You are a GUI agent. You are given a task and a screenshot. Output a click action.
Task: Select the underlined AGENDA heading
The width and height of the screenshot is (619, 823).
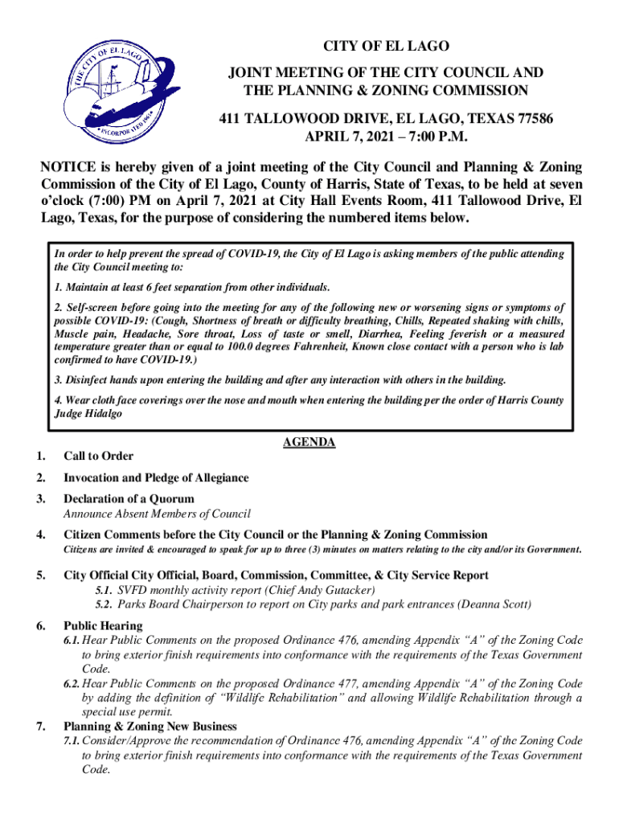point(309,443)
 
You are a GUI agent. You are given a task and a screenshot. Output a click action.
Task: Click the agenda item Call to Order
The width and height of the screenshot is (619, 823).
point(98,457)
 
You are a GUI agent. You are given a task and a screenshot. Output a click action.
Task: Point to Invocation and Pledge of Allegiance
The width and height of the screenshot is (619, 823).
point(156,478)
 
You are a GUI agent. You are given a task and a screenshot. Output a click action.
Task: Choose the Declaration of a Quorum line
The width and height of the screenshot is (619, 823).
point(129,499)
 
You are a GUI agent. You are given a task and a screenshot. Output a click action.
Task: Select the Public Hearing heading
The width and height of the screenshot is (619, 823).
point(103,625)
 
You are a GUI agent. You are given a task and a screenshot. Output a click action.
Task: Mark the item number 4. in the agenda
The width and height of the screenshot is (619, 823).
point(40,534)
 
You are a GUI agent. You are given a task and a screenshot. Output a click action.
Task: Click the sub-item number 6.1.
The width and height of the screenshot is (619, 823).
point(72,641)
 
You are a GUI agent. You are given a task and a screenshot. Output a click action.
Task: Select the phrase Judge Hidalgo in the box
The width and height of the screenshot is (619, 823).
point(92,415)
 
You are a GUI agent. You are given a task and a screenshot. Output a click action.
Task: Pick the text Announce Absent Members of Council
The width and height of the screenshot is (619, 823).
point(157,514)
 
